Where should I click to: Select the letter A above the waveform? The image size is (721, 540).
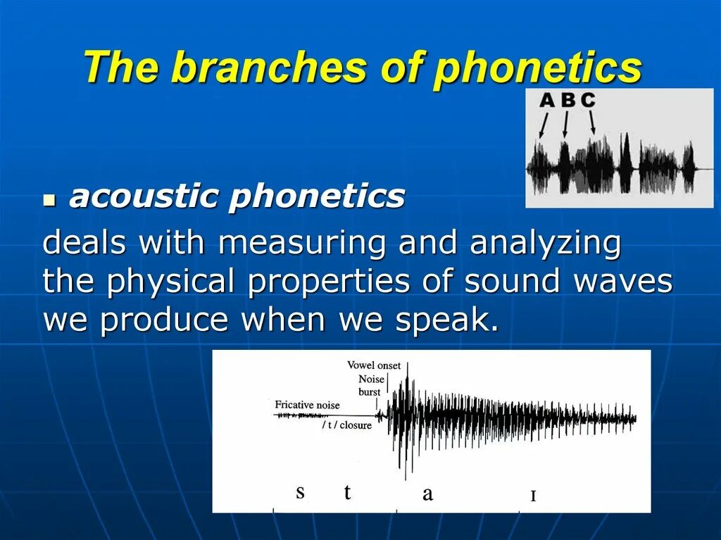pos(547,100)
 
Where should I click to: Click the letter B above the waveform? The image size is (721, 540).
pos(568,100)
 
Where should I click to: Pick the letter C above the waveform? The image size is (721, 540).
pos(588,100)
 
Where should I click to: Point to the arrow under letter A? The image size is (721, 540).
pos(543,125)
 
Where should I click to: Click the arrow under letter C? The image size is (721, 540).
pos(592,123)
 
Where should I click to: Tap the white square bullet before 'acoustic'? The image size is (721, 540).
pos(49,201)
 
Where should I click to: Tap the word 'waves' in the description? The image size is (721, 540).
pos(623,282)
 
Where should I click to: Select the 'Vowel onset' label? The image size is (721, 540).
pos(374,365)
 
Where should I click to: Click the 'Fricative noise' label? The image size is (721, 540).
pos(307,405)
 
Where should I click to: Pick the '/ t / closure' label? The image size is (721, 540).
pos(346,425)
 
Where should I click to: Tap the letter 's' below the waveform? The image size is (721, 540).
pos(300,492)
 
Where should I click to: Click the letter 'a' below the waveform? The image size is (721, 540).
pos(427,494)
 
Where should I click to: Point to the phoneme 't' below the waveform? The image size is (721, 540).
pos(347,491)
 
